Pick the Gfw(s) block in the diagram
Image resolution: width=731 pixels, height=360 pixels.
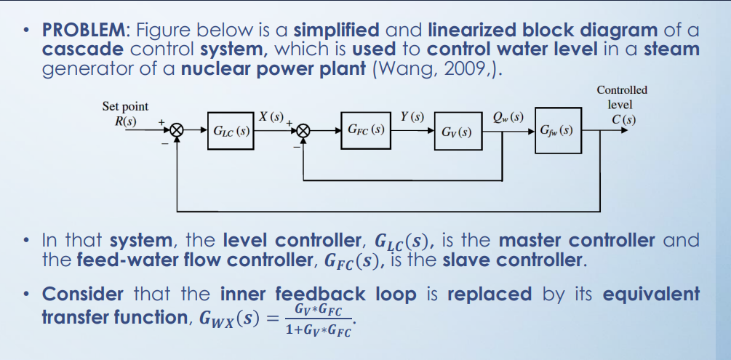557,132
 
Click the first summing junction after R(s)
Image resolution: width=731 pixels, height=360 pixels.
175,132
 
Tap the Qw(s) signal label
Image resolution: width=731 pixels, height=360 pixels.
508,116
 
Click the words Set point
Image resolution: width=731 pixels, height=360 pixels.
125,106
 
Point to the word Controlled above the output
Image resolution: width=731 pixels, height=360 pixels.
621,90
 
